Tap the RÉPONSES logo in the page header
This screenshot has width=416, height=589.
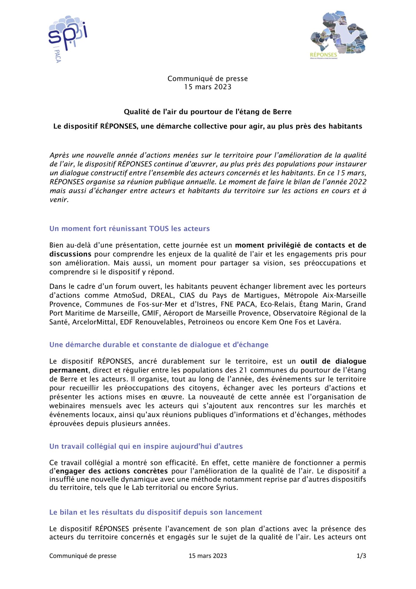[339, 36]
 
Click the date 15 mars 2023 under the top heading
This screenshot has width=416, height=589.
[208, 87]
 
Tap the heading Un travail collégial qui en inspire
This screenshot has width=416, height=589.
[146, 446]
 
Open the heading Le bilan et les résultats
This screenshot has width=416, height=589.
[156, 512]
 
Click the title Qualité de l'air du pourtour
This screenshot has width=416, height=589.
[208, 112]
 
